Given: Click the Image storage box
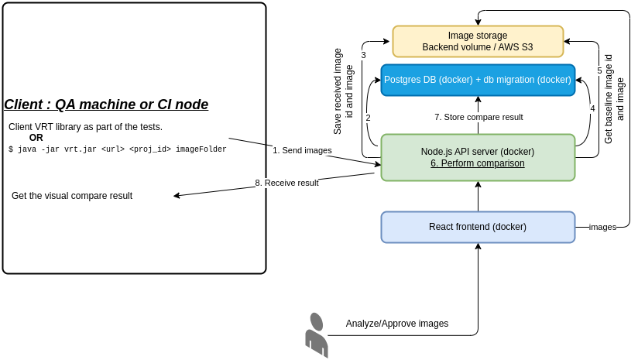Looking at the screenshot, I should tap(478, 41).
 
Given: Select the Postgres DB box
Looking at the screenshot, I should tap(478, 80).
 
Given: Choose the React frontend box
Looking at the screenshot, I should tap(478, 227).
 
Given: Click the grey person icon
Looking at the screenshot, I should tap(316, 335).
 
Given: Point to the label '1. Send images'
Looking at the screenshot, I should tap(302, 150).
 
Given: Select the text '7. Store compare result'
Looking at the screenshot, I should tap(478, 117).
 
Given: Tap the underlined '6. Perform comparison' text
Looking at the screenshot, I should tap(478, 163).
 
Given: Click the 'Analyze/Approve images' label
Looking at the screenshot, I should tap(397, 324).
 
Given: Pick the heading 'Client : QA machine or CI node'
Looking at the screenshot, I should tap(106, 105).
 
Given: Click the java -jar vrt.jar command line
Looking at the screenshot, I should tap(118, 149).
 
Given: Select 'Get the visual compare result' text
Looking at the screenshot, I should tap(72, 196).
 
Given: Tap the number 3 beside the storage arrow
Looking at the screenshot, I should tap(363, 55).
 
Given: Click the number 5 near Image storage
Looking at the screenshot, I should tap(599, 70).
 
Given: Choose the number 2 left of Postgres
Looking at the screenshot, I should tap(368, 118).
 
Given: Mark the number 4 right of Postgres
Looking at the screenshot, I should tap(592, 108).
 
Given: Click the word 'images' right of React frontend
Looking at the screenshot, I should tap(602, 227).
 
